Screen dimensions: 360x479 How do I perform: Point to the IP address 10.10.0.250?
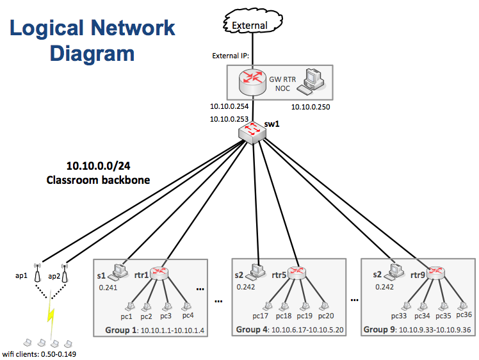(x=311, y=107)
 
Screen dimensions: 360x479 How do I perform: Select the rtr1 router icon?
(x=159, y=273)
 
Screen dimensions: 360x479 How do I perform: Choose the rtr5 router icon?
(x=296, y=273)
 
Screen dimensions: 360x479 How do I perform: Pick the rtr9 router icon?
(x=436, y=273)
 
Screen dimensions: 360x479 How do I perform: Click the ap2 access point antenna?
(x=64, y=274)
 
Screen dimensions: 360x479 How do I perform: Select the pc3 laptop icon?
(x=168, y=306)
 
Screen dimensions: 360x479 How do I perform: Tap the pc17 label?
(x=261, y=316)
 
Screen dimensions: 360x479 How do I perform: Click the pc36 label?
(x=464, y=315)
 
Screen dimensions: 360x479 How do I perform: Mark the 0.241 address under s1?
(x=107, y=288)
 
